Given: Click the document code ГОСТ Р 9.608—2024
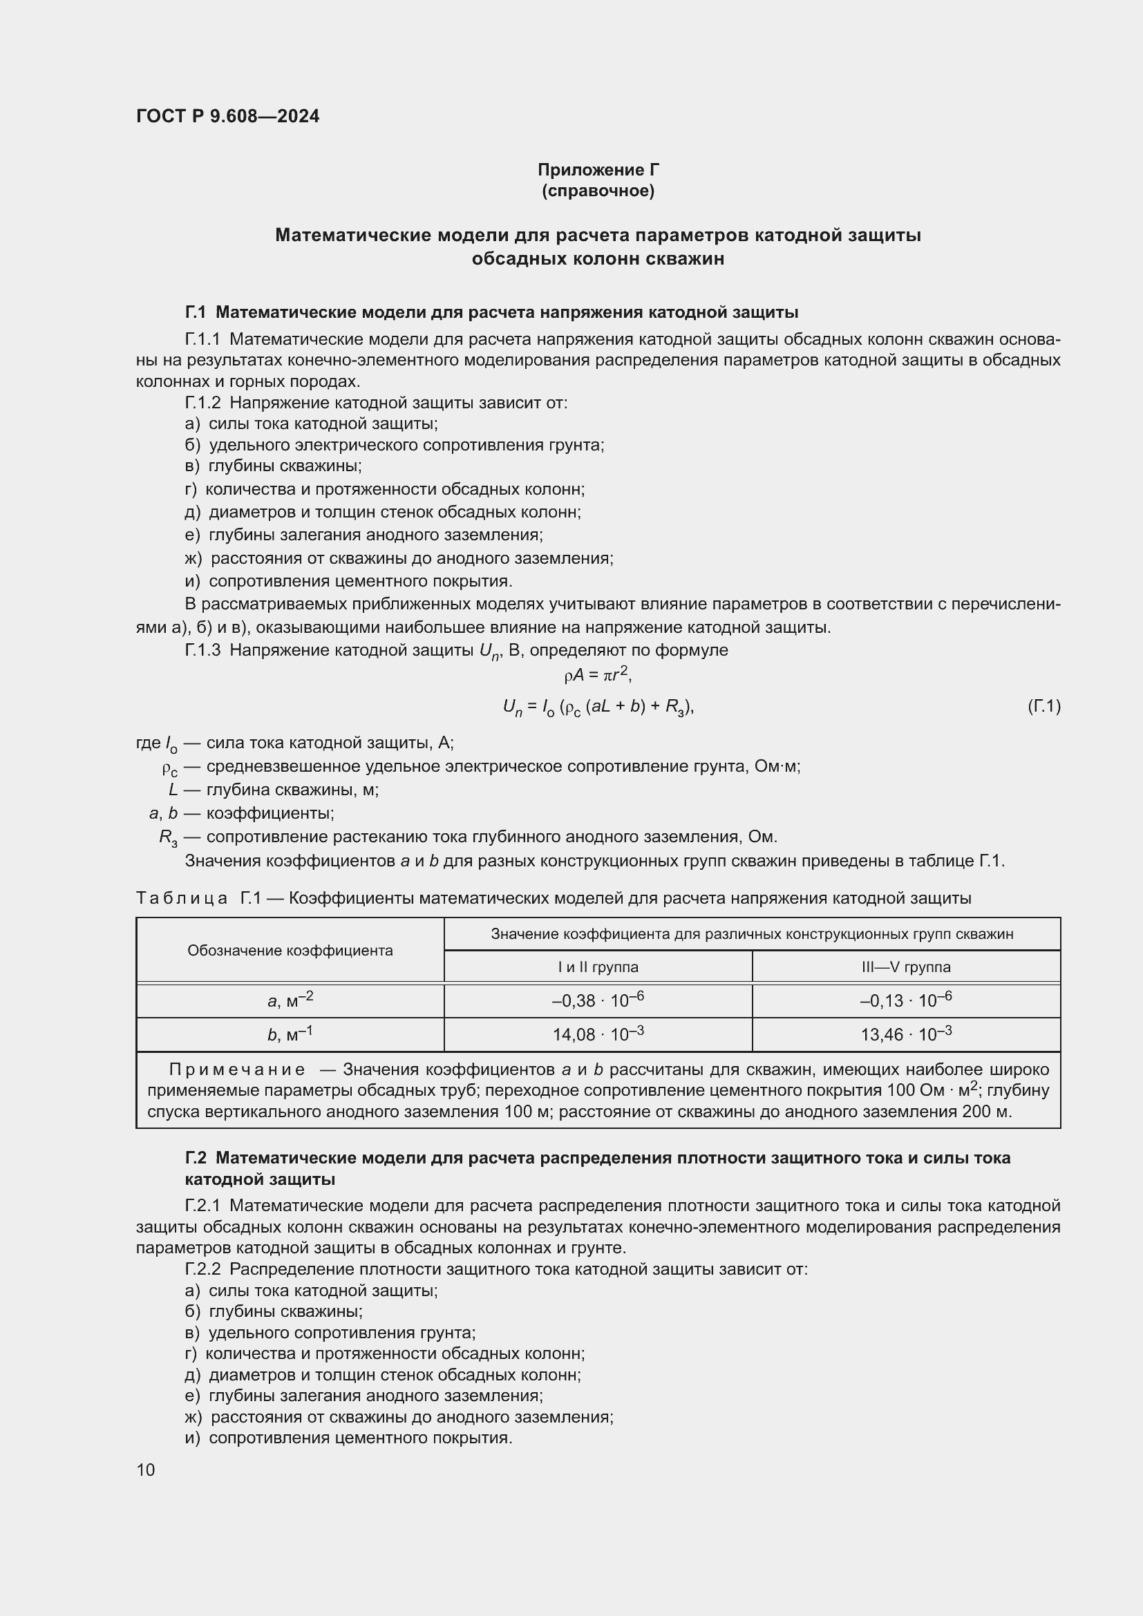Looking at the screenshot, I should point(227,117).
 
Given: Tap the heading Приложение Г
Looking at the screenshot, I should point(598,170).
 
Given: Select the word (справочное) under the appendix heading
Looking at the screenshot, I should point(598,191).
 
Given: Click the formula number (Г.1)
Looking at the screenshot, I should point(1043,706).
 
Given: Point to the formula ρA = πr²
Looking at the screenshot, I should point(598,676).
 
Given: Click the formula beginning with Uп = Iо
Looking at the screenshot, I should point(598,707).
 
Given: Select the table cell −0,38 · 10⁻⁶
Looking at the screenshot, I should point(598,1000).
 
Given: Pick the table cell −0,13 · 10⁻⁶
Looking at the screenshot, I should point(906,1000).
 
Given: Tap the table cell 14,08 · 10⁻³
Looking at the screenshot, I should point(598,1034).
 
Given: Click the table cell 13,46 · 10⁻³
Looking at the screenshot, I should point(906,1034).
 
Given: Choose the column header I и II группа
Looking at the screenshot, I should point(598,967).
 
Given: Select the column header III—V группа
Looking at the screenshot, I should point(906,967).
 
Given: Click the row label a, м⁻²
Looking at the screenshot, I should point(290,1000).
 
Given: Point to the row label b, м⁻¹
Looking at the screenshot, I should point(290,1034).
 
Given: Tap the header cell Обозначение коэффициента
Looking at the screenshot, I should point(290,951).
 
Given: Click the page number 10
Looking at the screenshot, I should point(146,1470).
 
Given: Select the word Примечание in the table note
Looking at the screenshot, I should point(237,1070).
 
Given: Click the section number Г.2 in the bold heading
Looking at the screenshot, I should point(196,1158).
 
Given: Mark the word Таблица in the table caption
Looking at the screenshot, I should point(182,898).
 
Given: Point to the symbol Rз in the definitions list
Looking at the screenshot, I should point(168,837).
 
